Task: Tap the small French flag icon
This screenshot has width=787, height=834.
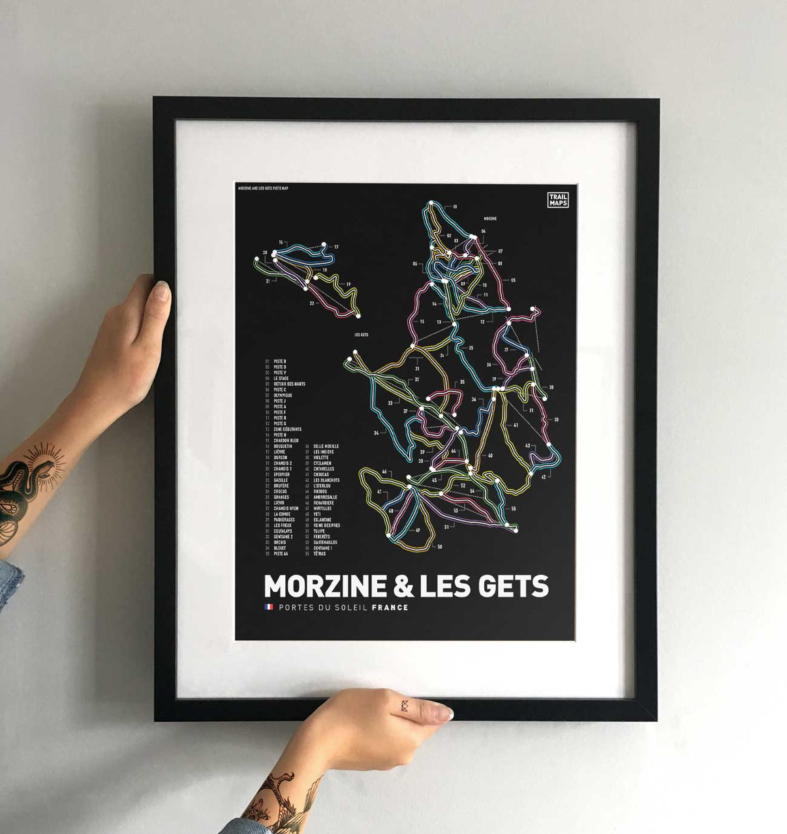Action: pyautogui.click(x=268, y=608)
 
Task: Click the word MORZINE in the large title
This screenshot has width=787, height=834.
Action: pyautogui.click(x=324, y=585)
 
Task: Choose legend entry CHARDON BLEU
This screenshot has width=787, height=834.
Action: pyautogui.click(x=286, y=440)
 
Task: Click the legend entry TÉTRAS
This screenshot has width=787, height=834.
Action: pyautogui.click(x=319, y=554)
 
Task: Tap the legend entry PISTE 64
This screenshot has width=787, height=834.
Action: pyautogui.click(x=282, y=554)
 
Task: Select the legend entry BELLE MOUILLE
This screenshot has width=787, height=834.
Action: pyautogui.click(x=326, y=446)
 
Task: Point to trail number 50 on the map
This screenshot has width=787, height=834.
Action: pyautogui.click(x=439, y=546)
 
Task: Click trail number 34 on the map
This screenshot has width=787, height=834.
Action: pyautogui.click(x=376, y=433)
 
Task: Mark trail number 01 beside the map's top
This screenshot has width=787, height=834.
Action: pyautogui.click(x=455, y=206)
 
